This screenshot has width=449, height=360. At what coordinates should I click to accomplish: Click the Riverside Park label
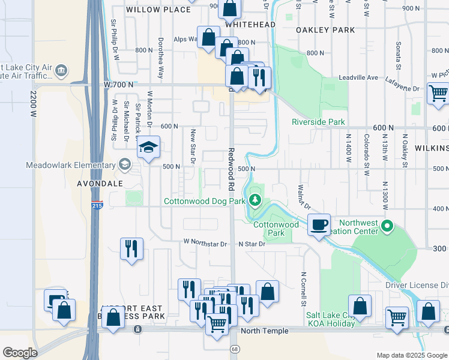pyautogui.click(x=318, y=122)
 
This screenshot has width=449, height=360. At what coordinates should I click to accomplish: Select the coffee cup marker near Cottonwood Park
pyautogui.click(x=319, y=224)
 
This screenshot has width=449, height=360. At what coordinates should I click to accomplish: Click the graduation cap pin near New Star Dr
pyautogui.click(x=148, y=148)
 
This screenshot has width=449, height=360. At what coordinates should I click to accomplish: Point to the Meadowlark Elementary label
pyautogui.click(x=70, y=165)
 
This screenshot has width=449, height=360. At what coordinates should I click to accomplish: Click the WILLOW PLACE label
pyautogui.click(x=149, y=10)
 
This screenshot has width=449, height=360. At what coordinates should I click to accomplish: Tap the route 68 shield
pyautogui.click(x=234, y=349)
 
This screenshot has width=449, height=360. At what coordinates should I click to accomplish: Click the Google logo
pyautogui.click(x=20, y=353)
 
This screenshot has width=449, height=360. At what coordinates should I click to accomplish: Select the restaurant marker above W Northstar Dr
pyautogui.click(x=132, y=248)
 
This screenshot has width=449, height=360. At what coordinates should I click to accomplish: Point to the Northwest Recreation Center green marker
pyautogui.click(x=387, y=227)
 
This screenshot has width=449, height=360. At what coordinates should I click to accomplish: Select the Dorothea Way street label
pyautogui.click(x=160, y=60)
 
